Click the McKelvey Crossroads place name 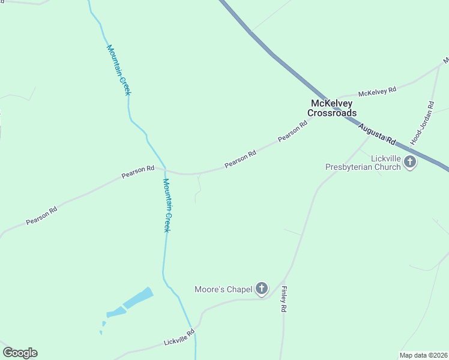click(332, 108)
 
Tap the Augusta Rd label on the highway click(378, 134)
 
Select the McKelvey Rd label click(377, 92)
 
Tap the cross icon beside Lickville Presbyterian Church click(411, 162)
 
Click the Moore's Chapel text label click(223, 290)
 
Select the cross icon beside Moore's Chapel click(262, 289)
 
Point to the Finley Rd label click(283, 299)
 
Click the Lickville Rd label click(179, 338)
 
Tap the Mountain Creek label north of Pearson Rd click(118, 70)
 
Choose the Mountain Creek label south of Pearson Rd click(167, 205)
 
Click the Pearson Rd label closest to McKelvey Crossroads click(292, 131)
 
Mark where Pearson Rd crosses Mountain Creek click(166, 170)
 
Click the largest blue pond click(138, 298)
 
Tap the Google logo click(20, 353)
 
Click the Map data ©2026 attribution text click(423, 355)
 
